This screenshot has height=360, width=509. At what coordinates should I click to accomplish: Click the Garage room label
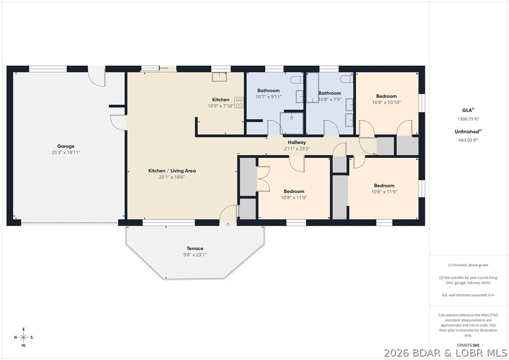[66, 146]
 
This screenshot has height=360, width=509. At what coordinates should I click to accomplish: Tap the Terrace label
[195, 248]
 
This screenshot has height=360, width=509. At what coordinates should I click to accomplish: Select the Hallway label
[297, 143]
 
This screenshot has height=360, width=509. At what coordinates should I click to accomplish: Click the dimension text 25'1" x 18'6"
[172, 177]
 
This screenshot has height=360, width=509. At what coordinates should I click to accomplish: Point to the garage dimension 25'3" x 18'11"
[66, 152]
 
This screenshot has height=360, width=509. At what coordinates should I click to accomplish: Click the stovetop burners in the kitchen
[239, 102]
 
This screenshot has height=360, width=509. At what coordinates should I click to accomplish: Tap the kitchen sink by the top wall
[219, 77]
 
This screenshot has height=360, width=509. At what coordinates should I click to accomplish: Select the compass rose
[24, 337]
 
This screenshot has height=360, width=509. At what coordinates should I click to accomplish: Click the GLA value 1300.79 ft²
[468, 118]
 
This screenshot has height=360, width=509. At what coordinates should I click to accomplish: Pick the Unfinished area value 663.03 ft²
[468, 140]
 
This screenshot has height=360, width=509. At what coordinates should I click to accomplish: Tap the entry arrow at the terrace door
[228, 225]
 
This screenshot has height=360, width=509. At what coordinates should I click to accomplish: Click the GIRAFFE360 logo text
[468, 346]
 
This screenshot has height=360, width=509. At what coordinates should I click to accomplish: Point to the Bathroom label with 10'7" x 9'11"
[269, 91]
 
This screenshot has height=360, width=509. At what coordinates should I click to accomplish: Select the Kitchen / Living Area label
[172, 171]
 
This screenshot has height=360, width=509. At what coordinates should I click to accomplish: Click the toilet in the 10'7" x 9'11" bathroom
[297, 80]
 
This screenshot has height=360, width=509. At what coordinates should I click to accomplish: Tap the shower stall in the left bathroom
[292, 123]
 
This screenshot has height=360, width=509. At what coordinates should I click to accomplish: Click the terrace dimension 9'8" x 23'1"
[195, 255]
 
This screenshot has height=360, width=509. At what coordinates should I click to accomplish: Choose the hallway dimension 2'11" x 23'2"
[297, 149]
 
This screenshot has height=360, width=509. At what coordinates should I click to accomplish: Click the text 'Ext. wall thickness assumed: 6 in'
[468, 295]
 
